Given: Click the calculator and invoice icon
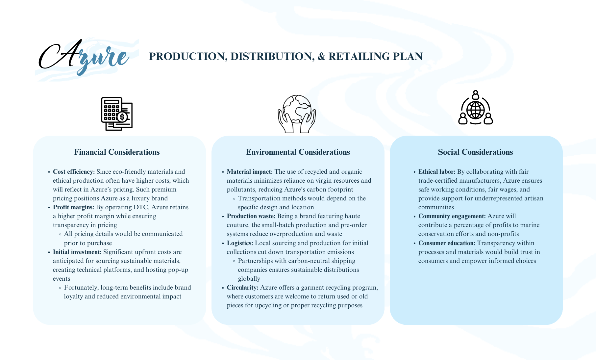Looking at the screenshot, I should [117, 114].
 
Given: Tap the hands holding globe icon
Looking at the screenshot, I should [297, 114].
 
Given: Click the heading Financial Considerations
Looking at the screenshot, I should [117, 152].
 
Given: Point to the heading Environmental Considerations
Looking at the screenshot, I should [298, 152].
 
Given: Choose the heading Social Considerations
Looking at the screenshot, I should [475, 152].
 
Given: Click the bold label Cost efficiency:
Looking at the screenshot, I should [74, 172].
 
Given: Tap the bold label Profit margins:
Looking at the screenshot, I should [73, 207].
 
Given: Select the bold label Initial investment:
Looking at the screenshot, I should [77, 252].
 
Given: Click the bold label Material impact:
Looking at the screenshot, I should [250, 172].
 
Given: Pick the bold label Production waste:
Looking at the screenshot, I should [251, 216].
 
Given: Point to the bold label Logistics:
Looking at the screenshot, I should [240, 243].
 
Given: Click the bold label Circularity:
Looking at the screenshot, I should [242, 288].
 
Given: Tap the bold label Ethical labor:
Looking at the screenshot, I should [437, 172].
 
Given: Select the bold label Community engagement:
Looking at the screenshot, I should [452, 216].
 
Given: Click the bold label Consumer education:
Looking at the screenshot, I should [447, 243].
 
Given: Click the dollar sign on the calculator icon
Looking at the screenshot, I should [122, 117].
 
